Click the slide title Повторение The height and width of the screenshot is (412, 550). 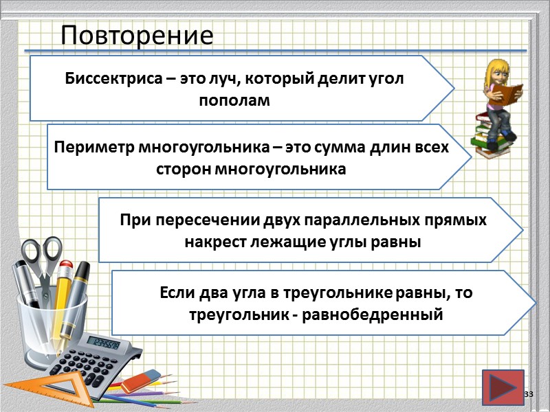[137, 34]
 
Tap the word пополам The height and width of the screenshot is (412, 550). [234, 100]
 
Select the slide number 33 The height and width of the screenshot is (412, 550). [529, 393]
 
